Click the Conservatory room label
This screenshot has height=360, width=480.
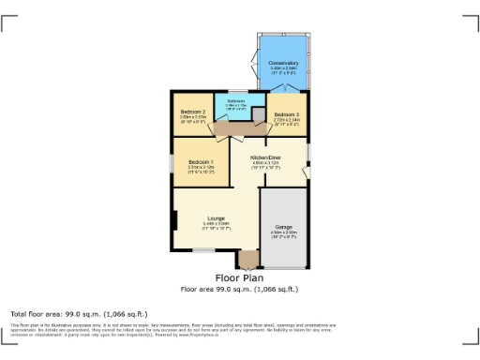pyautogui.click(x=284, y=64)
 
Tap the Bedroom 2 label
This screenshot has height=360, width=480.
pyautogui.click(x=193, y=111)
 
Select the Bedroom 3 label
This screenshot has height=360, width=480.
pyautogui.click(x=287, y=114)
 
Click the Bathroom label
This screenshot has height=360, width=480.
pyautogui.click(x=235, y=100)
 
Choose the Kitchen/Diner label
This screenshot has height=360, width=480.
pyautogui.click(x=266, y=157)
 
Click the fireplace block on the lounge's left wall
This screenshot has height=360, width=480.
pyautogui.click(x=173, y=220)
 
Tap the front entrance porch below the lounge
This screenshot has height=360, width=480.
pyautogui.click(x=247, y=260)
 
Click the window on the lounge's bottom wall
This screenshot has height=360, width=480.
pyautogui.click(x=203, y=250)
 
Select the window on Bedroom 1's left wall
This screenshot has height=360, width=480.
pyautogui.click(x=171, y=162)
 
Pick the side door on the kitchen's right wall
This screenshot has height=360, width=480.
pyautogui.click(x=307, y=171)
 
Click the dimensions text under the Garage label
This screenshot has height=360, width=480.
pyautogui.click(x=283, y=234)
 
